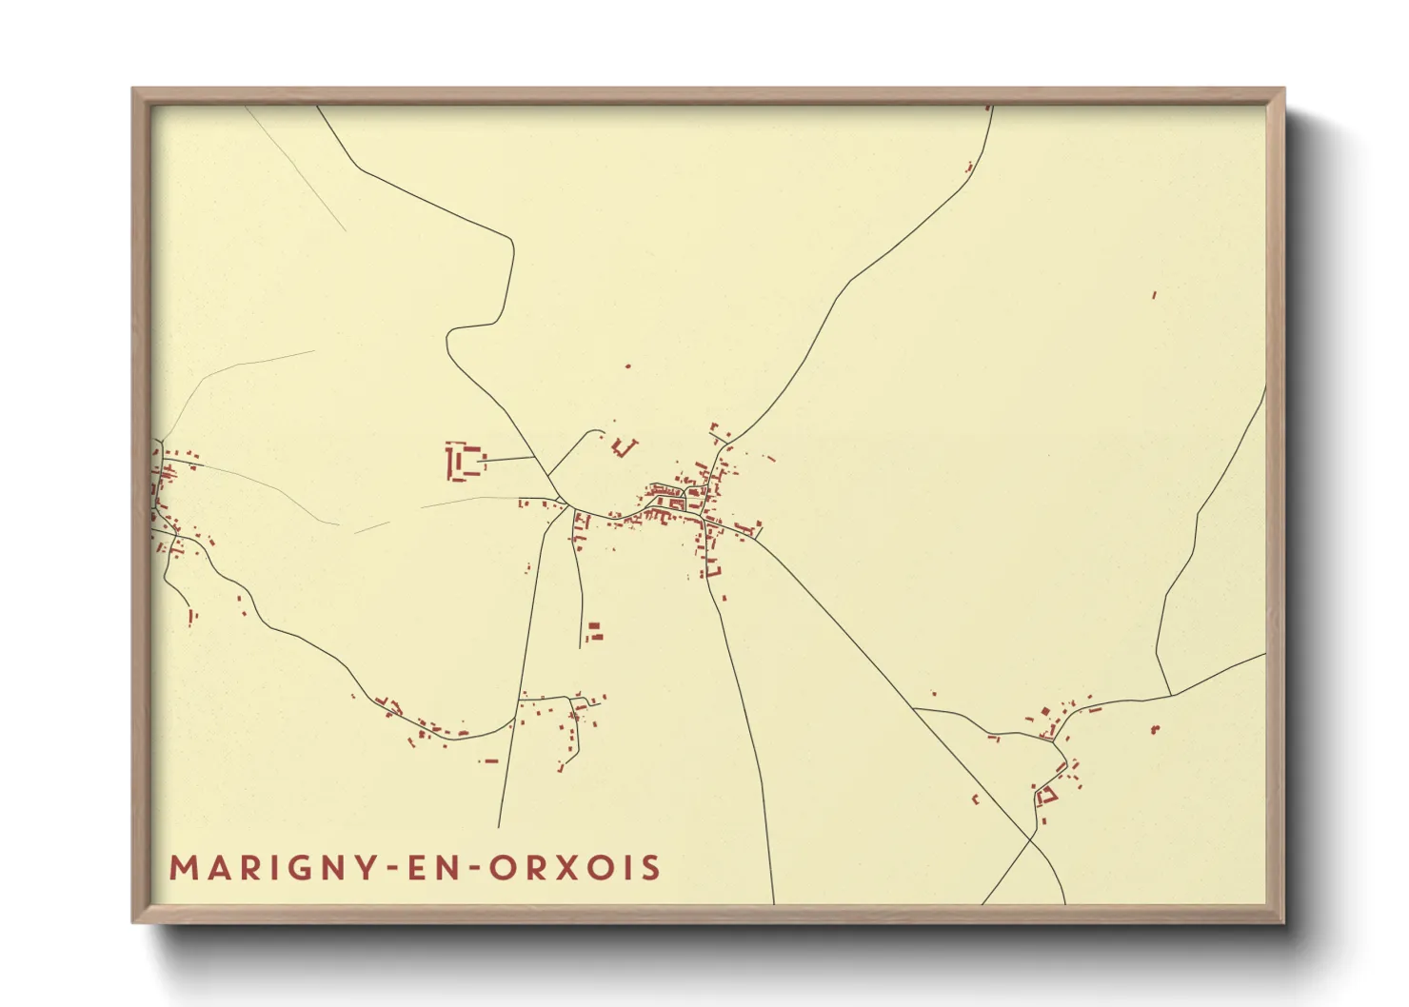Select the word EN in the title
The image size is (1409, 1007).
pos(427,868)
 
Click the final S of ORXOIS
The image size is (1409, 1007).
pos(650,868)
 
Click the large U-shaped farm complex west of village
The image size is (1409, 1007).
pos(463,462)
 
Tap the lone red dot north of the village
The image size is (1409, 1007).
pos(627,365)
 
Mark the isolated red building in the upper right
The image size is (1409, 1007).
pos(1154,295)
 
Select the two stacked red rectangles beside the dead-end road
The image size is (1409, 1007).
pos(595,630)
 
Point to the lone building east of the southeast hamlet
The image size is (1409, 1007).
pos(1155,729)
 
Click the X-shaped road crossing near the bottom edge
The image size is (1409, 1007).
pos(1032,837)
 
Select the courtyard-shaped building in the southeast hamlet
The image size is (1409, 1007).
pos(1046,795)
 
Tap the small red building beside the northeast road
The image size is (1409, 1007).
pos(969,168)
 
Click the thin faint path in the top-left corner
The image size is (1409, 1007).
pos(295,167)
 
